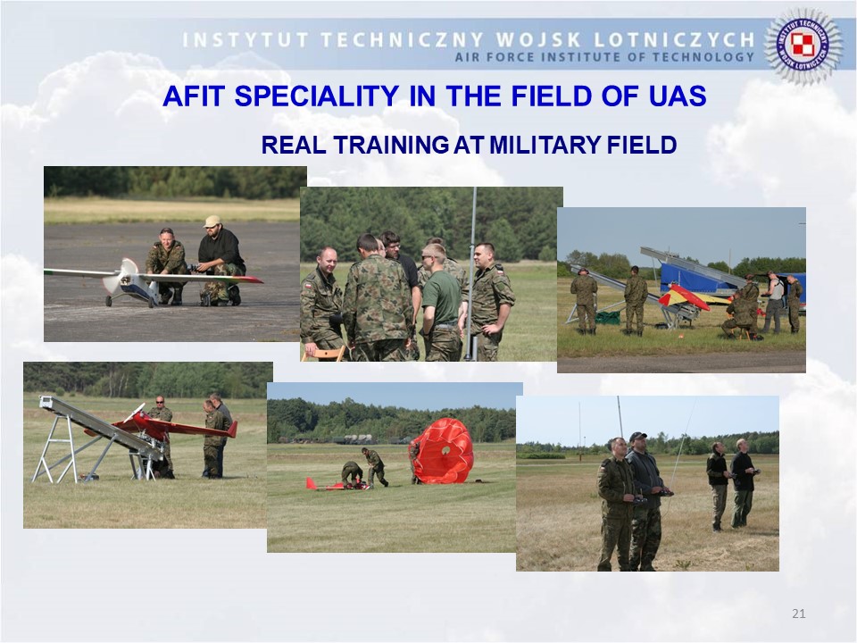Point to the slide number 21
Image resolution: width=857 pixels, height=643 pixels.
[798, 614]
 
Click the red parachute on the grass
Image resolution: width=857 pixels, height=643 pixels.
[441, 451]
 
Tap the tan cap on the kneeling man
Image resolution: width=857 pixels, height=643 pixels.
[212, 221]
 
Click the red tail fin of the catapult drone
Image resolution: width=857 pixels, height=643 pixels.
[232, 430]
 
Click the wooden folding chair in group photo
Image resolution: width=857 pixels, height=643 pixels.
[325, 354]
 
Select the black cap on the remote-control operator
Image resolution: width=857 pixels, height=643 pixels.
[637, 437]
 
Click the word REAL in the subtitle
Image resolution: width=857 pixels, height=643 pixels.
[293, 145]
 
